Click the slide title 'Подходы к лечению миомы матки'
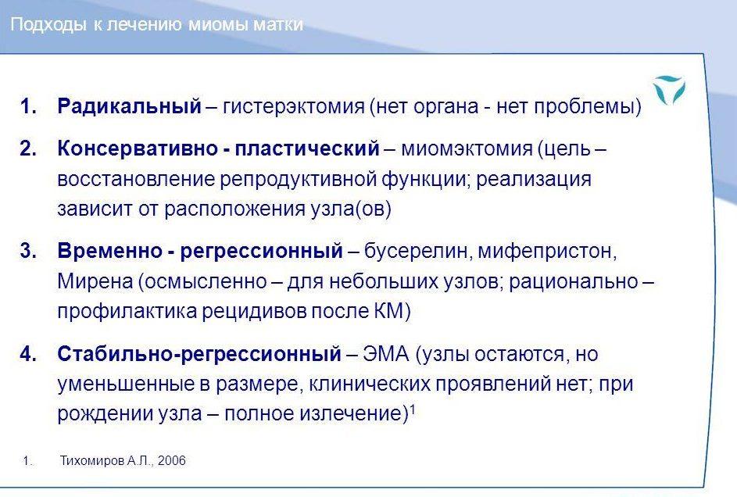[156, 24]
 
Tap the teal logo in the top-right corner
[669, 90]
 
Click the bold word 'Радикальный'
[129, 106]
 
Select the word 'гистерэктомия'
[293, 106]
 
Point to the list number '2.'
[28, 148]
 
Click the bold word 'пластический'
[307, 149]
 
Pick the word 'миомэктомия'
[467, 149]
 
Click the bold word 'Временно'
[109, 252]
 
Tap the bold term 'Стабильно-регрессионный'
[199, 354]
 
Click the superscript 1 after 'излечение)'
[412, 409]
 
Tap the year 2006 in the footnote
[172, 460]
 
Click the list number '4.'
[28, 354]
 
